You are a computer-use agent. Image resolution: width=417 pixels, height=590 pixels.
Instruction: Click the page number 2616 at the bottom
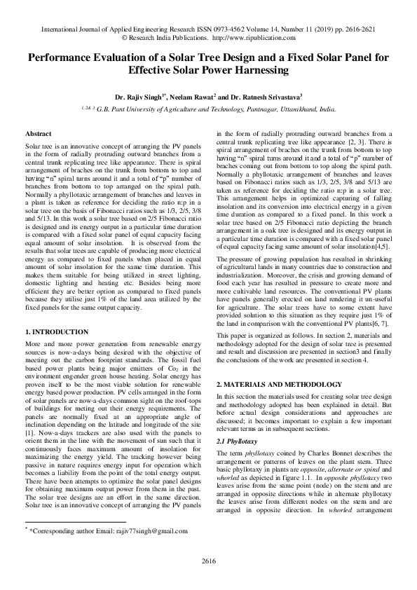(208, 560)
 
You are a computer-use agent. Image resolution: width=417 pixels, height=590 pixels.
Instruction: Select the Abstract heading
(39, 133)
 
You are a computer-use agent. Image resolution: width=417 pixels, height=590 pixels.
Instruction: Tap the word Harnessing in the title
(254, 71)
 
